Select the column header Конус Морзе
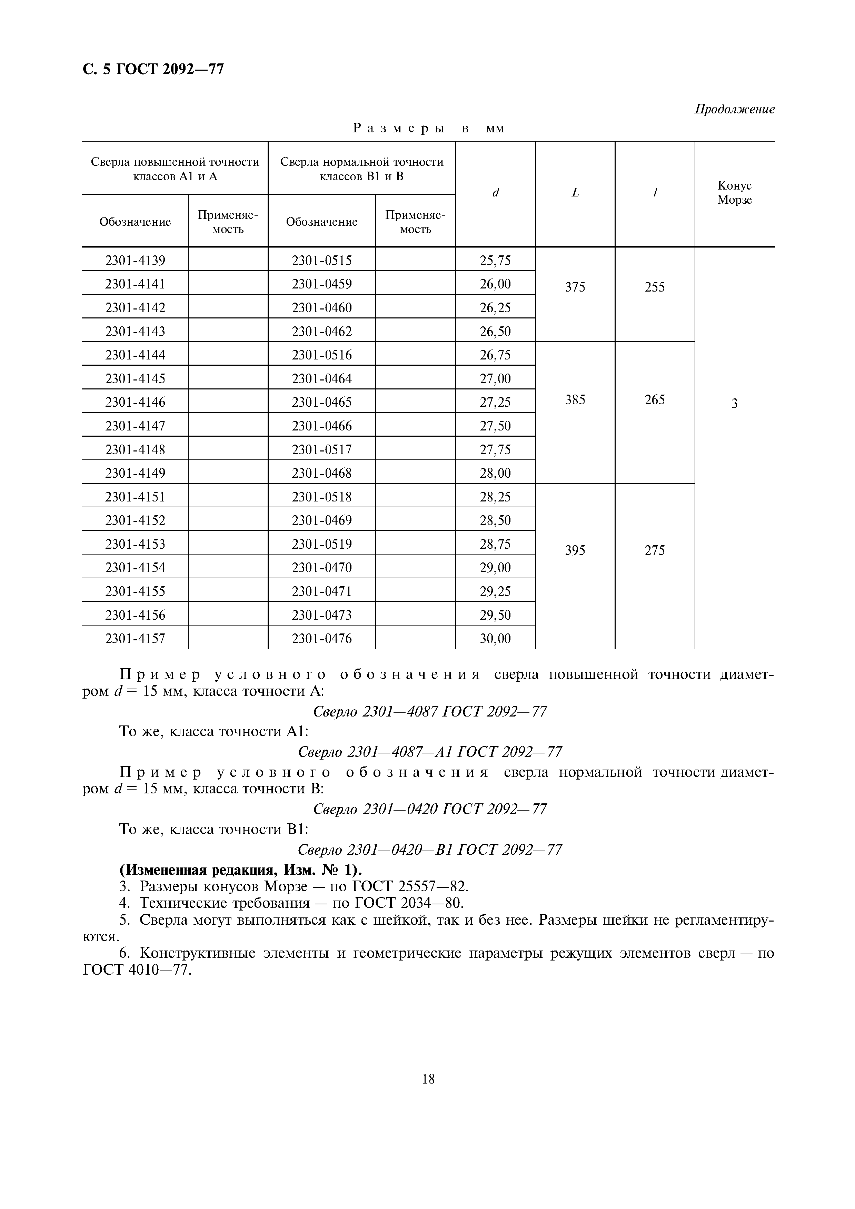734,193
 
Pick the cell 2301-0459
321,284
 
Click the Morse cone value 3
734,403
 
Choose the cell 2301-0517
321,449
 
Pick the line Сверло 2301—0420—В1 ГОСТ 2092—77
429,849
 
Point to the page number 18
428,1079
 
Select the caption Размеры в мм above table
428,128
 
